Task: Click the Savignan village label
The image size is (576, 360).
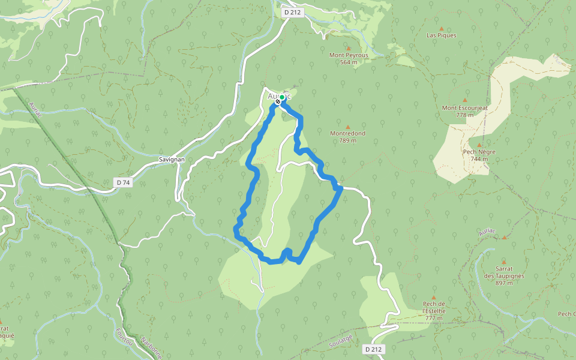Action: point(172,160)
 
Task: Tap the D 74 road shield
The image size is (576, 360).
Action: point(123,182)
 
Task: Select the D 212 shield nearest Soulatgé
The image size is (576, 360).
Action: point(373,349)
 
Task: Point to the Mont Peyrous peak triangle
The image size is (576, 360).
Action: point(348,47)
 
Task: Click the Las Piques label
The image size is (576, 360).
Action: point(441,35)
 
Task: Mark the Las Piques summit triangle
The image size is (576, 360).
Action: point(442,28)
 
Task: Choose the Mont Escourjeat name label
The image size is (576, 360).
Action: point(465,108)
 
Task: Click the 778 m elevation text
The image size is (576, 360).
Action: point(465,115)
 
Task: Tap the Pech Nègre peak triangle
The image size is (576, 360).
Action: point(479,145)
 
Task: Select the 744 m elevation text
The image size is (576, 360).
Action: point(479,158)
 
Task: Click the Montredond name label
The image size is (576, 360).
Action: point(348,133)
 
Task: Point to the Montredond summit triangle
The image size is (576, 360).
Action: point(348,127)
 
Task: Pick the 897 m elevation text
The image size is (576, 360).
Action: point(503,283)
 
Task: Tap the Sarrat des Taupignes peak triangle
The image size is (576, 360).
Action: point(503,262)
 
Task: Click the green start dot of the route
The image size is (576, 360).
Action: point(282,97)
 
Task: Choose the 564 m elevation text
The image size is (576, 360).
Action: point(348,62)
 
